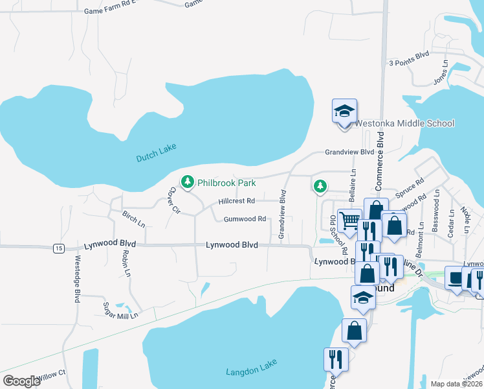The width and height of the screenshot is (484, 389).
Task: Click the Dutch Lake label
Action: pyautogui.click(x=157, y=152)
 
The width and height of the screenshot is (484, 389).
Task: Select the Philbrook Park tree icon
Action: pyautogui.click(x=188, y=182)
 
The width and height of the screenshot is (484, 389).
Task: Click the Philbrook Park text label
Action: pyautogui.click(x=226, y=183)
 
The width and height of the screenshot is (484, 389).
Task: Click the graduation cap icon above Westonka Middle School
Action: pyautogui.click(x=344, y=112)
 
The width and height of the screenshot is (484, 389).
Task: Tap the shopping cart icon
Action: pyautogui.click(x=350, y=220)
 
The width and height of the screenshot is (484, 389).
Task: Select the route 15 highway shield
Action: pyautogui.click(x=59, y=248)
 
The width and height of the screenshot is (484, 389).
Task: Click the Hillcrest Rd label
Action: pyautogui.click(x=236, y=201)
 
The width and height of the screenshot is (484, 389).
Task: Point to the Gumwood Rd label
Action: pyautogui.click(x=245, y=219)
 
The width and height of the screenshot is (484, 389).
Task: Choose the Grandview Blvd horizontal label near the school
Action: pyautogui.click(x=349, y=152)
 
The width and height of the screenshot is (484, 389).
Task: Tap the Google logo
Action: pyautogui.click(x=21, y=381)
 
